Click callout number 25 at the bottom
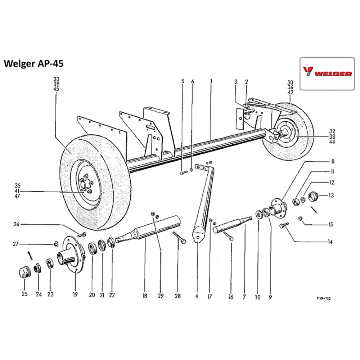coord(24,294)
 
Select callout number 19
coord(75,295)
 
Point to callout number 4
coord(197,297)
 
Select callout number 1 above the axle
coord(211,81)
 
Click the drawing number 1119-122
coord(324,299)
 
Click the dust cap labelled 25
coord(24,273)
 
